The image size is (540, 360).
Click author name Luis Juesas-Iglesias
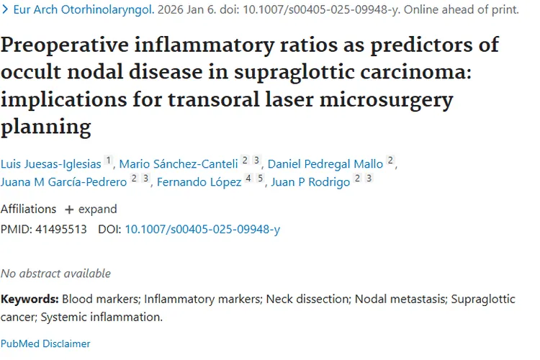[50, 163]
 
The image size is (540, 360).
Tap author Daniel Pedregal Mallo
[325, 163]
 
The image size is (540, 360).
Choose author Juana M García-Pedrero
[63, 182]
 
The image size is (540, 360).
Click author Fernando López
[199, 182]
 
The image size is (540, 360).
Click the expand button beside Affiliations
[91, 210]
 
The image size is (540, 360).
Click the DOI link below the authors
[202, 230]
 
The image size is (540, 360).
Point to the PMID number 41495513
[60, 230]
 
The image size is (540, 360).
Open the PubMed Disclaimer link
[45, 343]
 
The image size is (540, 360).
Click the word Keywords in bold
[30, 299]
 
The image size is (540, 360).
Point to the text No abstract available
[56, 274]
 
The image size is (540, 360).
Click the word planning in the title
[45, 127]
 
